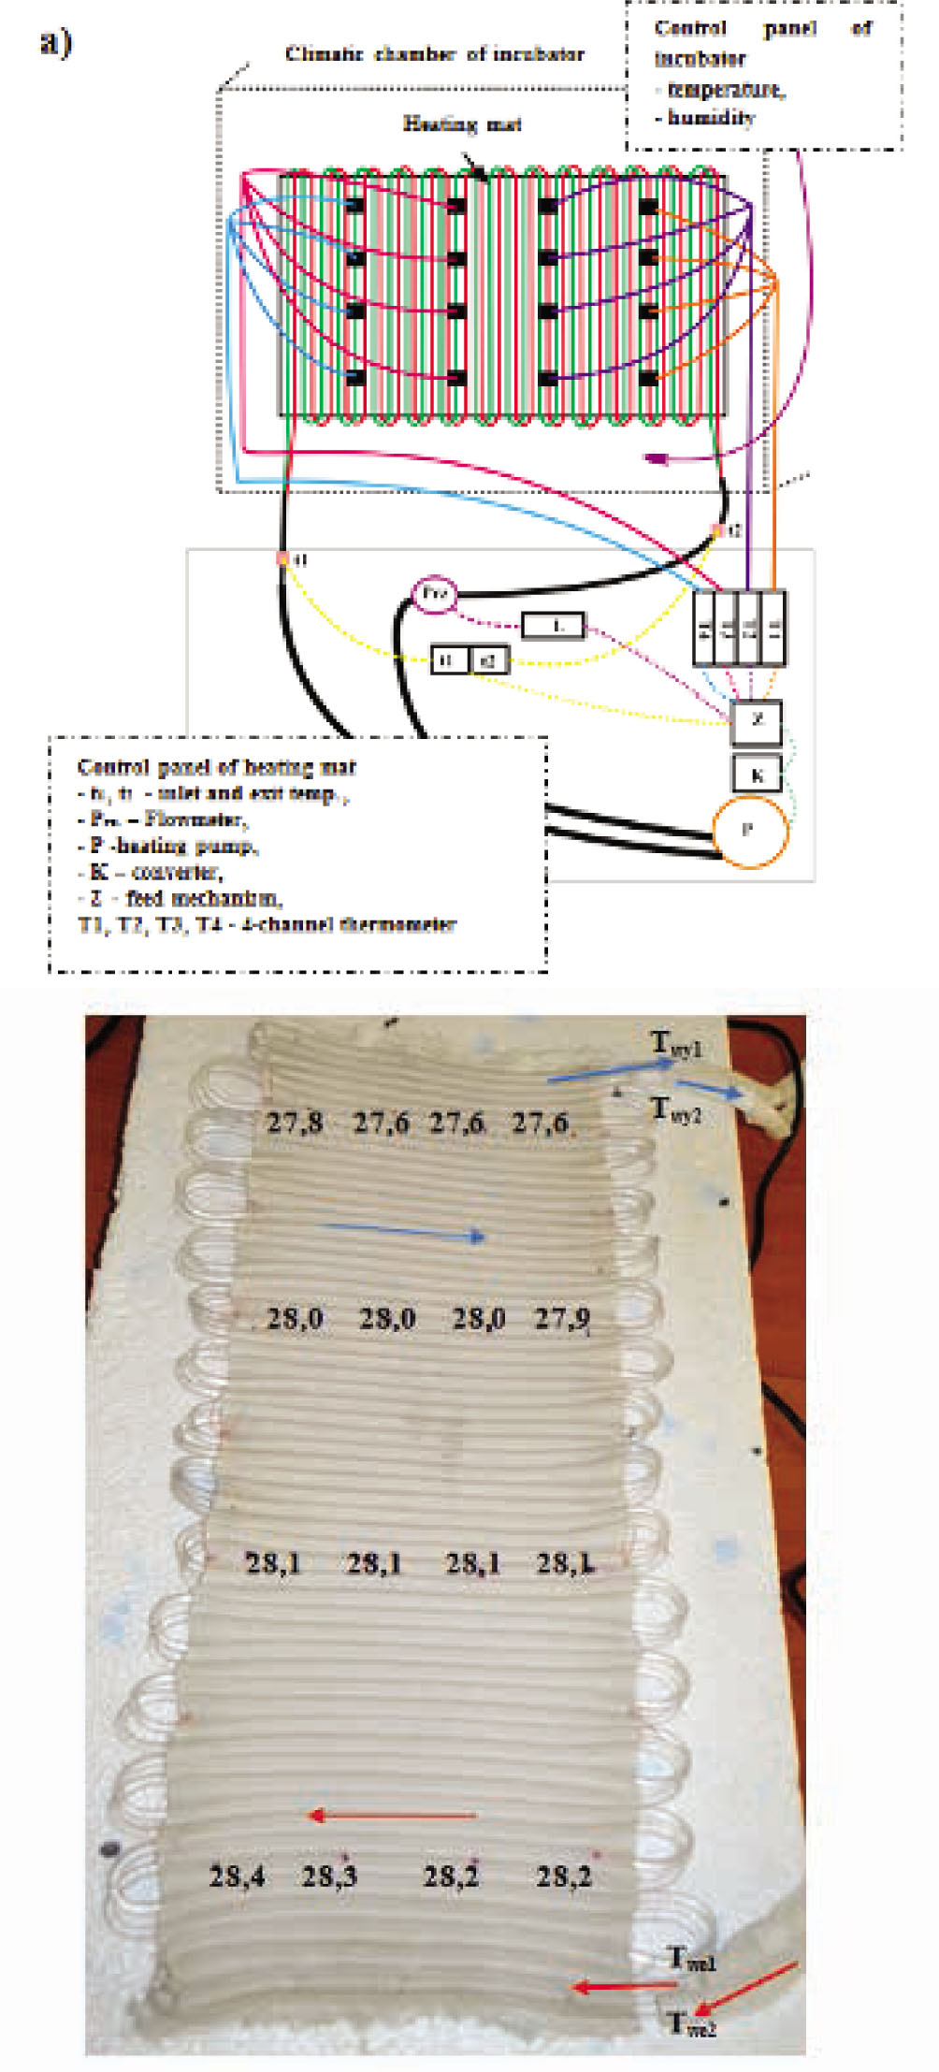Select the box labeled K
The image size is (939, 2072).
(756, 775)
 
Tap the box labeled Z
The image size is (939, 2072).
(756, 721)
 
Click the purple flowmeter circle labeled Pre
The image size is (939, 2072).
(434, 594)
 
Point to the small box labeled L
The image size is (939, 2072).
(554, 626)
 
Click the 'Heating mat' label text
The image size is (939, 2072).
(462, 123)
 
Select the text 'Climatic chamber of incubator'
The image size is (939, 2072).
(434, 54)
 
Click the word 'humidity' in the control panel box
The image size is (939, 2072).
(711, 118)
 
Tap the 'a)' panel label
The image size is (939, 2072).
(55, 42)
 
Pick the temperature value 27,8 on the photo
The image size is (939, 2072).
(295, 1123)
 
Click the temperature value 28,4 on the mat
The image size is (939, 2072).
(237, 1876)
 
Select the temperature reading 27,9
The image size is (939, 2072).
(562, 1319)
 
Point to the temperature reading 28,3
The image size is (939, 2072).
(329, 1876)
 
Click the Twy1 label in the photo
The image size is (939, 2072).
(676, 1044)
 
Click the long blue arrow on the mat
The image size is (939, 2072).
(402, 1232)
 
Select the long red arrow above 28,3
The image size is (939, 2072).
(393, 1816)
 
